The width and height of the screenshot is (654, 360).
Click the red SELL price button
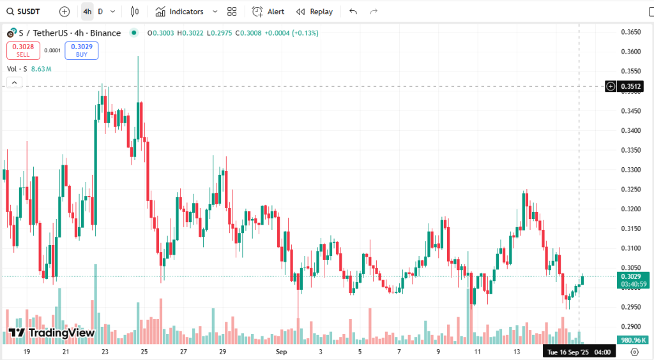[x=24, y=50]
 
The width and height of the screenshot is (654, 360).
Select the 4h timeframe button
[x=87, y=11]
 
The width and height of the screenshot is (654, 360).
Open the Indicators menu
[x=186, y=11]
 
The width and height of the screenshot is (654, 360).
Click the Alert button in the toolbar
[x=269, y=11]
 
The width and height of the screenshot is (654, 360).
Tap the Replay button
[x=315, y=11]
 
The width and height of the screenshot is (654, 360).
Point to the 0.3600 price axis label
[x=631, y=52]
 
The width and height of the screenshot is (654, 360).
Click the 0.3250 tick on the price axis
[x=631, y=190]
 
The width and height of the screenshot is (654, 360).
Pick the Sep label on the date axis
[x=282, y=352]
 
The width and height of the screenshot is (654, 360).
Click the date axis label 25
[x=144, y=352]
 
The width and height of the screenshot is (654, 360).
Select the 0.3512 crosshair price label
[x=631, y=86]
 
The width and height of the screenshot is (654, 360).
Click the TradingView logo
[x=52, y=333]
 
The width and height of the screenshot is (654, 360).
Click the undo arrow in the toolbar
[x=353, y=11]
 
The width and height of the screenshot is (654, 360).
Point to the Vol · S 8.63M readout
[x=29, y=68]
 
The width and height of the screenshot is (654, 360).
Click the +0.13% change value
[x=305, y=33]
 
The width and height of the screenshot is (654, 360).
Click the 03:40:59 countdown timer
[x=634, y=284]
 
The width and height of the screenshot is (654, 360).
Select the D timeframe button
[x=100, y=11]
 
